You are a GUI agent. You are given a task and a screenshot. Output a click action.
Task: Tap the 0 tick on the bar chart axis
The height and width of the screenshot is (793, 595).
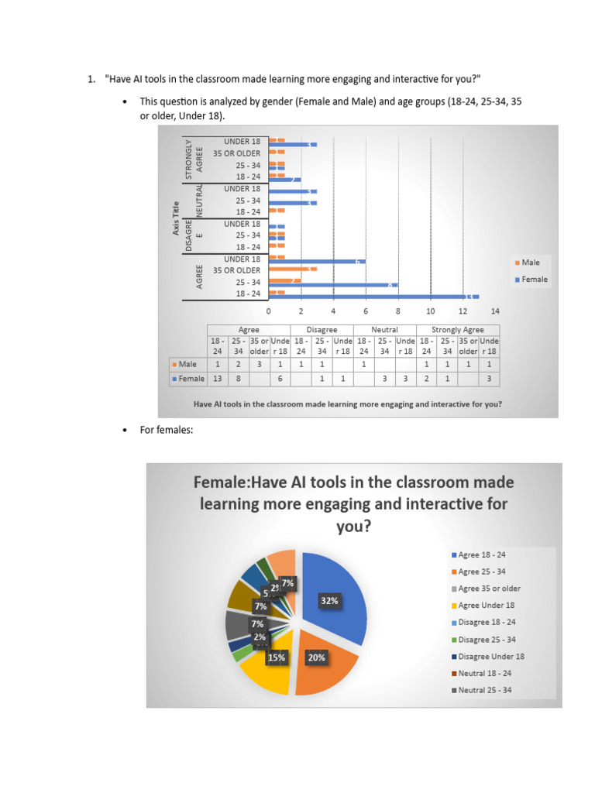(x=269, y=311)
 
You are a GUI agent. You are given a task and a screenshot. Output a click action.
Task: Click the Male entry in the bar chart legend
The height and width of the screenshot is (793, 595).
(x=530, y=263)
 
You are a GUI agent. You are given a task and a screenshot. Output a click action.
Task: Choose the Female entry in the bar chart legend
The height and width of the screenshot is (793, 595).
(x=534, y=279)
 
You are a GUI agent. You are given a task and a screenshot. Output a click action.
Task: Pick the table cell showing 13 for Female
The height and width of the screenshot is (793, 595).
(x=218, y=379)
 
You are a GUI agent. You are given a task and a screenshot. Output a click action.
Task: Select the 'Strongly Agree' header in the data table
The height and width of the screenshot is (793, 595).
(x=457, y=329)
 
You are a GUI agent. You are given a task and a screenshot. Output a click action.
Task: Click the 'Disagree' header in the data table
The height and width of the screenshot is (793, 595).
(x=322, y=329)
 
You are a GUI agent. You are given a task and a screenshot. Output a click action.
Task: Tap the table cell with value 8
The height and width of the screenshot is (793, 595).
(x=239, y=379)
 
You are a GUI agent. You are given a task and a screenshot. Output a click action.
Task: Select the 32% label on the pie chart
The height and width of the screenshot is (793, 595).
(x=328, y=600)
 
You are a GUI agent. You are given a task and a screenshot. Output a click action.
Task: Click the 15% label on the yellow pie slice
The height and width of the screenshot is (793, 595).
(x=277, y=657)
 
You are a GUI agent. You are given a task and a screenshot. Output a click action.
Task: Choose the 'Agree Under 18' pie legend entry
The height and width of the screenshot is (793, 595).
(x=486, y=606)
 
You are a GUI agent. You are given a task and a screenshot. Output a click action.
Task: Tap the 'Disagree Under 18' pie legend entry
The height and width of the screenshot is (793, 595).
(x=490, y=656)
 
